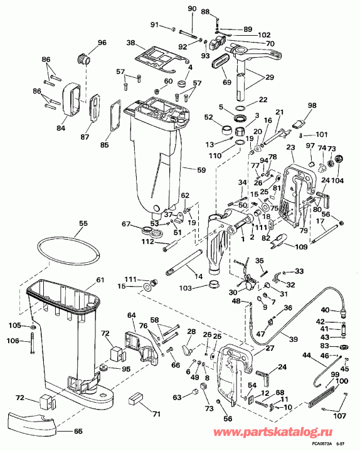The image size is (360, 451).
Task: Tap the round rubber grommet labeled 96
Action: point(82,59)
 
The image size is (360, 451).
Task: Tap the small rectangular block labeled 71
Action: point(136,400)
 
